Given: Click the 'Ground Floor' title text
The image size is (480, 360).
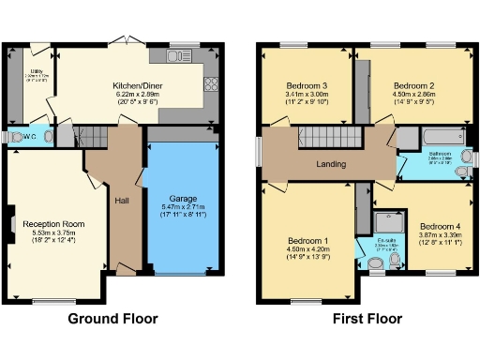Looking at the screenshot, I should (x=120, y=319).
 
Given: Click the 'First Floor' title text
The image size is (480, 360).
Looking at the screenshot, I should (x=367, y=319).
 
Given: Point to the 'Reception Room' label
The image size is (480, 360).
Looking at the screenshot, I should (x=54, y=224).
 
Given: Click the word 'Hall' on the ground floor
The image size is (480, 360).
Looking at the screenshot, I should (x=123, y=201).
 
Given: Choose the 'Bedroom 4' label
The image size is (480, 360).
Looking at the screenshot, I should (x=440, y=227).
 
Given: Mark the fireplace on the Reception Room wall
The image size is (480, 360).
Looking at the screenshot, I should (x=12, y=224).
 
